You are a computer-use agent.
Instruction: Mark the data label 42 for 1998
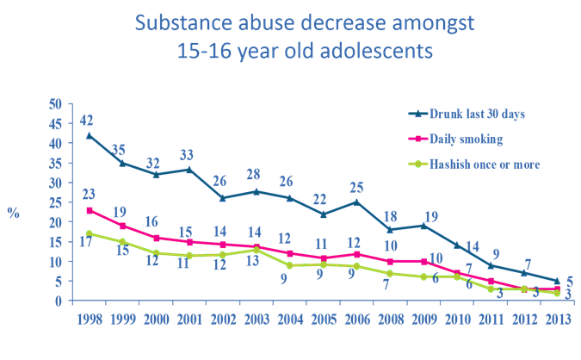[87, 120]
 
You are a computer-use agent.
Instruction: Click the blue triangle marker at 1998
[89, 135]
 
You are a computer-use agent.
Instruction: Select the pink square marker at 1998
[89, 210]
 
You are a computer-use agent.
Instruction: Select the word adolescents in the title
[379, 52]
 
